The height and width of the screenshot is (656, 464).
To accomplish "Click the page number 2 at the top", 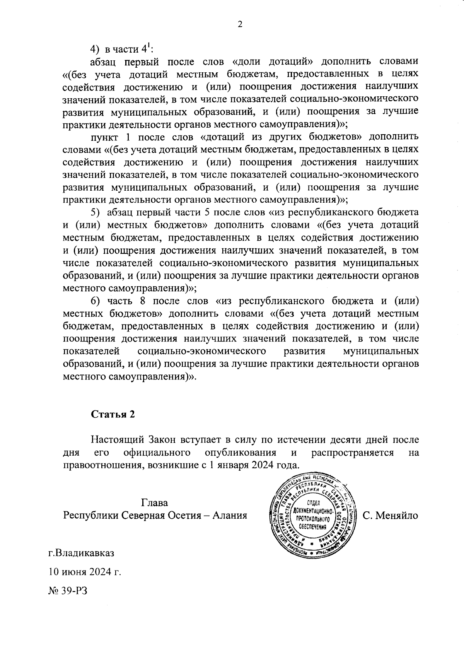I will (239, 24).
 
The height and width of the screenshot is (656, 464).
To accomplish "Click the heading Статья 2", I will (113, 414).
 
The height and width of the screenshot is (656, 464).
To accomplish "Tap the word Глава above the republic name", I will (155, 503).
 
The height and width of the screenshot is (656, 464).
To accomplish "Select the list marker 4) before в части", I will (95, 49).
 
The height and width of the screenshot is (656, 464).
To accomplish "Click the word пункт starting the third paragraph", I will (104, 137).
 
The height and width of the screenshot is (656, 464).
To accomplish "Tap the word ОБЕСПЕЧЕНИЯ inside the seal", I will (312, 526).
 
